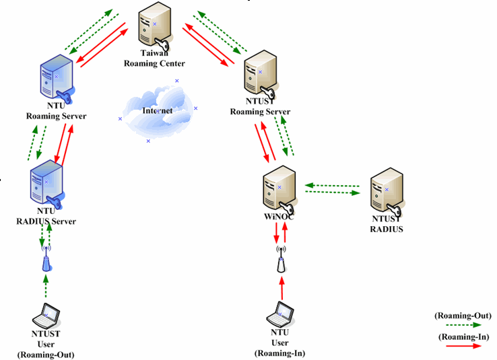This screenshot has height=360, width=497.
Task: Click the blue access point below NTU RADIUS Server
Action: (46, 260)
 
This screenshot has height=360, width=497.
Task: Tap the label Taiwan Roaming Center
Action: (154, 59)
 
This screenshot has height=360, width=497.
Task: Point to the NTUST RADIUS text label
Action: (387, 224)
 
